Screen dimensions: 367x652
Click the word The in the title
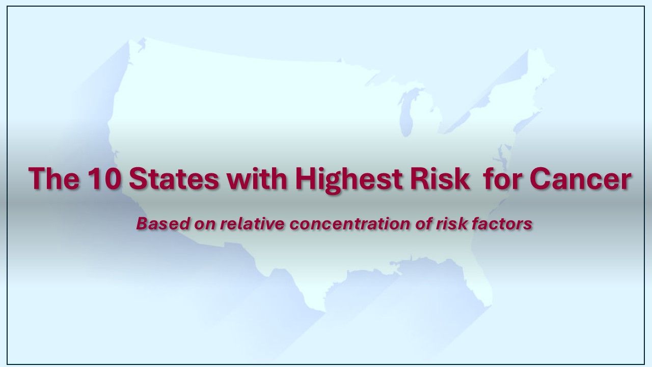tap(53, 179)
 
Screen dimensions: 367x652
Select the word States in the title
tap(171, 179)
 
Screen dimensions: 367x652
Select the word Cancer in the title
tap(580, 179)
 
